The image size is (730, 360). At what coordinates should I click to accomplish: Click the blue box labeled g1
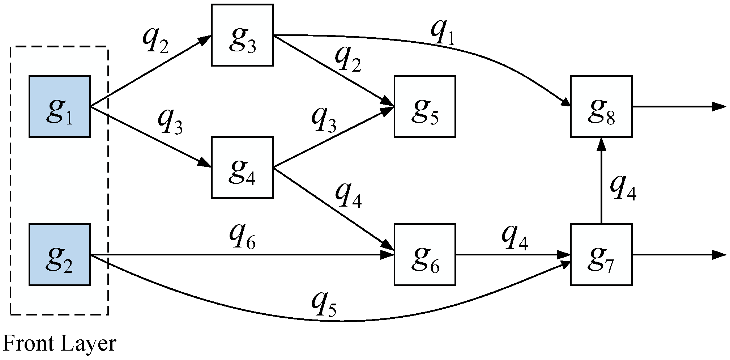point(60,106)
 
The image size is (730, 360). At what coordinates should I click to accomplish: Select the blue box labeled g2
point(60,255)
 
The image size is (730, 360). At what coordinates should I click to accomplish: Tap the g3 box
point(242,35)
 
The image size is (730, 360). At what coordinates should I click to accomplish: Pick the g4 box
point(242,168)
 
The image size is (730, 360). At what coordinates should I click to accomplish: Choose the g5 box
point(424,106)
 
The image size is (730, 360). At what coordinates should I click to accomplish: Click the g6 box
point(424,255)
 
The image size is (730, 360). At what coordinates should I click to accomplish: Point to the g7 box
point(601,255)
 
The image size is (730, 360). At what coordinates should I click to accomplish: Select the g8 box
point(601,106)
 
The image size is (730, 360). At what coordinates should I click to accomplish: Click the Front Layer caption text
point(60,344)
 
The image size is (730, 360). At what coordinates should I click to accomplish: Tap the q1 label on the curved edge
point(442,34)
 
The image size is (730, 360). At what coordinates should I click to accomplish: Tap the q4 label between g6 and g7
point(514,239)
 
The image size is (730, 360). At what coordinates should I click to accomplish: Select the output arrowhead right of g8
point(720,106)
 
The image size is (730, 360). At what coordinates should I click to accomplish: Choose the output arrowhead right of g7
point(720,255)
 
